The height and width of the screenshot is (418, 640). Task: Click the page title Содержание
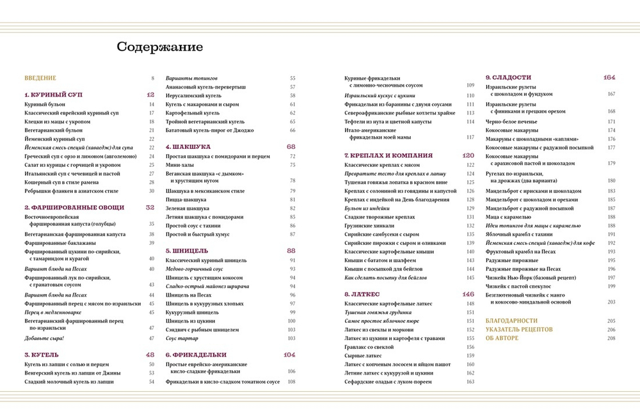(x=159, y=47)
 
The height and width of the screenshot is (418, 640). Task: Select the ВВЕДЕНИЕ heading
(x=40, y=78)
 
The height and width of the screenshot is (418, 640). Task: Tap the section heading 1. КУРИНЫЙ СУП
(x=53, y=95)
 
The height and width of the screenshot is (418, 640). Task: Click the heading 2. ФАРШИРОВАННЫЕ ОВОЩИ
(x=74, y=208)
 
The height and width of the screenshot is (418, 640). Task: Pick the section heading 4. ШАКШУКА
(x=188, y=146)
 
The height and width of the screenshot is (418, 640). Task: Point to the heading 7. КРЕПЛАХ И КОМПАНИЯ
(x=388, y=155)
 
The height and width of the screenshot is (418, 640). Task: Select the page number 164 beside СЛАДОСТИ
(x=609, y=77)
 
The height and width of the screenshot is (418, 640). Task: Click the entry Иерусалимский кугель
(x=193, y=95)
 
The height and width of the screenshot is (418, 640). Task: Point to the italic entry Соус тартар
(x=182, y=338)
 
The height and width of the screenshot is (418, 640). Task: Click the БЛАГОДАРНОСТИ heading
(x=511, y=320)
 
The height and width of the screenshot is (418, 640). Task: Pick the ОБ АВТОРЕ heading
(x=502, y=338)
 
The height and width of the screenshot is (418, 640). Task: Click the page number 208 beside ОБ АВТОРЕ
(x=611, y=338)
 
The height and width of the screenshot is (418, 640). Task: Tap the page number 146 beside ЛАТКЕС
(x=468, y=294)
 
